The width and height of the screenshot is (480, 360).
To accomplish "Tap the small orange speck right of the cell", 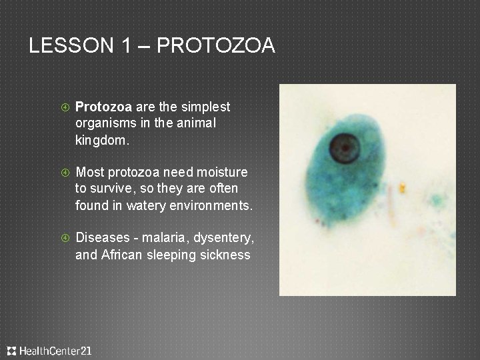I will [402, 189].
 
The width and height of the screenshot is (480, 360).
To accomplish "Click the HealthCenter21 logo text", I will [55, 351].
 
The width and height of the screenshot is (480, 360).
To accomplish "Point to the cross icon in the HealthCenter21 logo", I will [12, 351].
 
